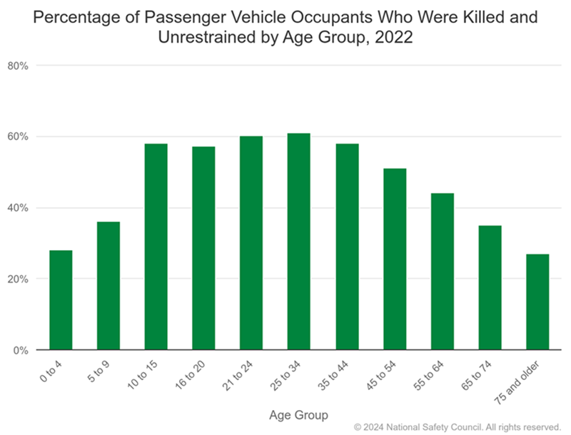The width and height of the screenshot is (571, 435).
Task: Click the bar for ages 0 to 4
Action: [x=61, y=300]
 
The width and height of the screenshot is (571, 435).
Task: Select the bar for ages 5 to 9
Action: [x=108, y=286]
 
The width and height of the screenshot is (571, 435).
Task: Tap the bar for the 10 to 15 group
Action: [x=156, y=246]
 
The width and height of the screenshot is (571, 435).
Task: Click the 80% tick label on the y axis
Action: [x=17, y=66]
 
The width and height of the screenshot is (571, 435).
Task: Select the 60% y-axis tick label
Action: [x=17, y=136]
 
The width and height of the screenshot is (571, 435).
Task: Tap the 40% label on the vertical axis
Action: [x=17, y=208]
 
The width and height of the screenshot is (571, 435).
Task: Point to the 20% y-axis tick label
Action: [x=17, y=279]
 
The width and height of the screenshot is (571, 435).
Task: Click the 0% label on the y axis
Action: [x=20, y=351]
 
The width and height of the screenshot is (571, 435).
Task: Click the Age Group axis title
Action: [x=299, y=414]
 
